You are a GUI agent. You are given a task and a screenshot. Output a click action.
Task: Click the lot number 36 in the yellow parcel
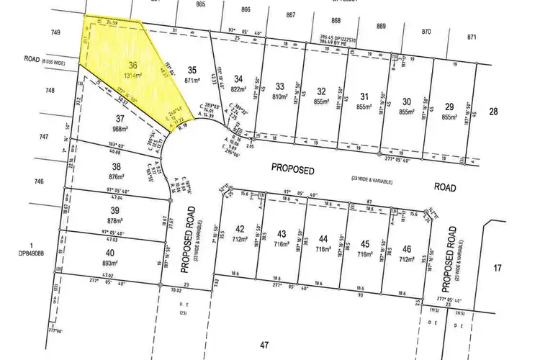[x=131, y=63]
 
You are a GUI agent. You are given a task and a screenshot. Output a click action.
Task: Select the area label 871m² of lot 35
[x=192, y=80]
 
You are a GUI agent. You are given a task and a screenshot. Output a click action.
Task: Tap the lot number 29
[x=449, y=106]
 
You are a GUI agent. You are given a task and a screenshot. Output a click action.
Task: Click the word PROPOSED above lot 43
[x=293, y=168]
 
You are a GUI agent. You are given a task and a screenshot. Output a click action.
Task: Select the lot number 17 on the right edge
[x=498, y=268]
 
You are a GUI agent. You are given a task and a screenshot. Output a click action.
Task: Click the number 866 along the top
[x=246, y=9]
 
